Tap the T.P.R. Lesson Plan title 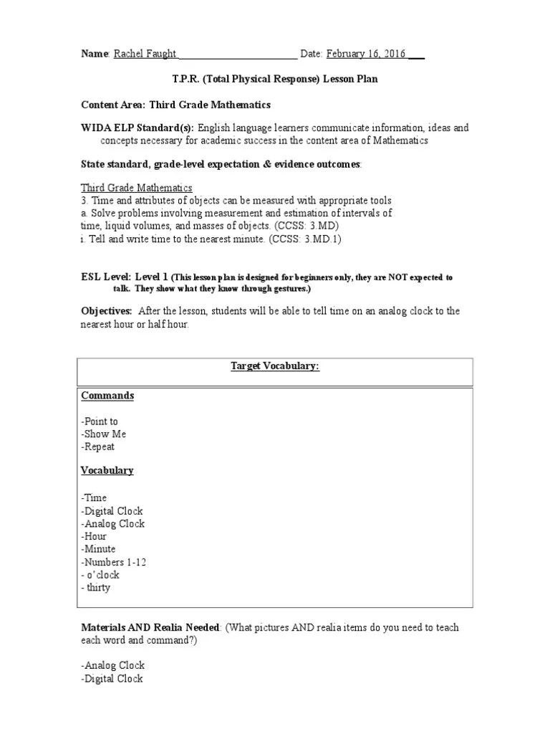coord(275,79)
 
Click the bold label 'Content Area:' coord(113,105)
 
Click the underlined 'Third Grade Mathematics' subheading coord(136,188)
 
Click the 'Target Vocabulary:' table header coord(274,366)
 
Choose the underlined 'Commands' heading coord(107,396)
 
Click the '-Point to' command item coord(100,421)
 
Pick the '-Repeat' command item coord(98,447)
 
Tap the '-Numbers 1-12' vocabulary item coord(114,562)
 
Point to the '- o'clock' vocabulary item coord(100,575)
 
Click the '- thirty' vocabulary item coord(96,588)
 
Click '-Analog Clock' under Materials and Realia coord(112,665)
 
